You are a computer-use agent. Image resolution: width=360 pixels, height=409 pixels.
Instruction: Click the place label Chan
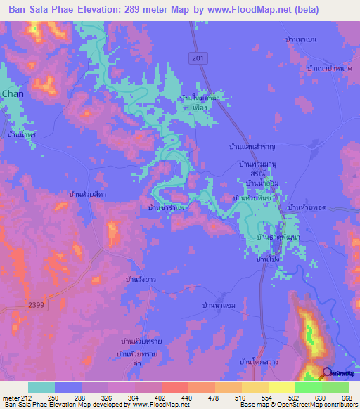click(13, 93)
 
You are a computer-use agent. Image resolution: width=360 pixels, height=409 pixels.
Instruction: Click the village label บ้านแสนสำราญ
click(251, 146)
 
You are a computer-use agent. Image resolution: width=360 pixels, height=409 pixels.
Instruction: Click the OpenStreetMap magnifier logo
click(327, 373)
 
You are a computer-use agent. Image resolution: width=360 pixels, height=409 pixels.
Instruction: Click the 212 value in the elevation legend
click(27, 397)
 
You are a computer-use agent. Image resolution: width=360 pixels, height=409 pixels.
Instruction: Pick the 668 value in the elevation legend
click(347, 397)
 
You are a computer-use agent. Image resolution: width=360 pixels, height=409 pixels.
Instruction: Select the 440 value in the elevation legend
click(187, 397)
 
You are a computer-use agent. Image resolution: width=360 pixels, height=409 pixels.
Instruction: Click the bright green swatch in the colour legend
click(309, 387)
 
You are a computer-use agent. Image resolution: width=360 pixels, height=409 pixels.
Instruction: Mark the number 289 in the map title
click(150, 10)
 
